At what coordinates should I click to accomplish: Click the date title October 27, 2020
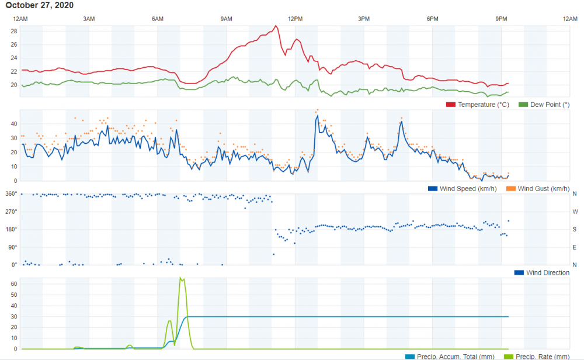coord(40,5)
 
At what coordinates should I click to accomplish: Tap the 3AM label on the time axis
coord(89,19)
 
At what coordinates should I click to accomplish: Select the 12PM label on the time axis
coord(295,19)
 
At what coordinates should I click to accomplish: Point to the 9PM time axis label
coord(501,19)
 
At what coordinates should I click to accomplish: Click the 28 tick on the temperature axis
coord(14,30)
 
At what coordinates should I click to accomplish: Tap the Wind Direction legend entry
coord(547,273)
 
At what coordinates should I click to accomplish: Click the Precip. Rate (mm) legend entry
coord(541,356)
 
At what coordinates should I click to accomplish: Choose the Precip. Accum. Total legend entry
coord(450,356)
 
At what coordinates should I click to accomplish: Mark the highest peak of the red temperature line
coord(275,26)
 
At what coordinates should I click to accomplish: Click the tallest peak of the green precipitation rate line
coord(181,278)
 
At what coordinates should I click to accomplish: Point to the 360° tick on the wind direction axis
coord(11,193)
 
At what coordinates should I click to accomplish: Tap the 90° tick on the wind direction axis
coord(12,247)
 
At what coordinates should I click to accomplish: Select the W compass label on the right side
coord(575,212)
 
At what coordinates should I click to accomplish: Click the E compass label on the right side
coord(575,247)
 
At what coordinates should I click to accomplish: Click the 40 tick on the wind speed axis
coord(14,124)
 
